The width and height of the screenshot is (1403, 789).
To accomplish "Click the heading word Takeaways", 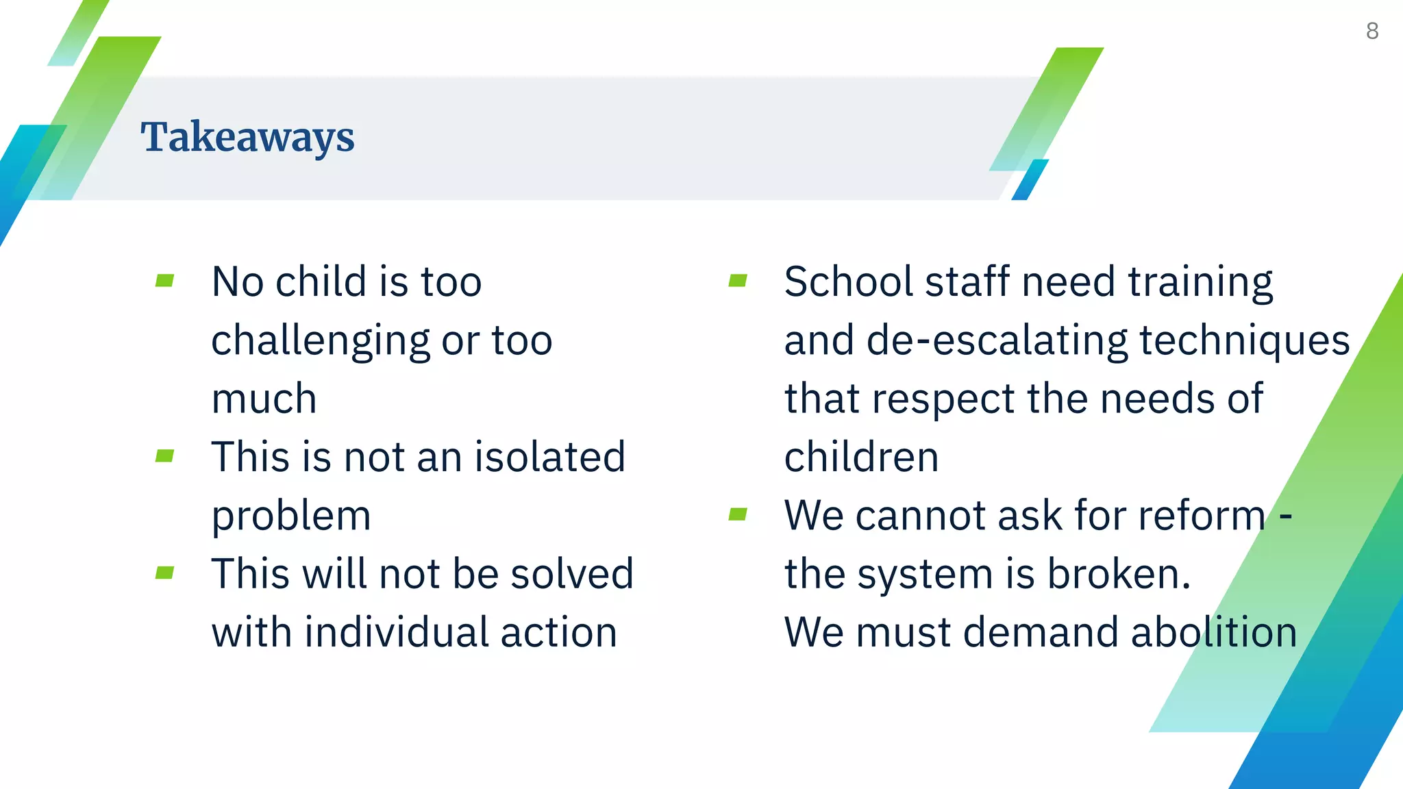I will point(247,138).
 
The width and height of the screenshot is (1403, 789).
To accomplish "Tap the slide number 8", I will point(1371,31).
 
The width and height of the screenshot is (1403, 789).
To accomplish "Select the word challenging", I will point(321,341).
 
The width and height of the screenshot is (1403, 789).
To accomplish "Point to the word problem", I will point(291,516).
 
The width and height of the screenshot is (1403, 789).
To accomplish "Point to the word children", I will point(861,457).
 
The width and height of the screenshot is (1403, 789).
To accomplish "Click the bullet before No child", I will point(164,281).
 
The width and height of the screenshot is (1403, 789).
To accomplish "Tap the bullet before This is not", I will point(164,456).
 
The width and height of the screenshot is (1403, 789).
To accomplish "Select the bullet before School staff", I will point(738,281).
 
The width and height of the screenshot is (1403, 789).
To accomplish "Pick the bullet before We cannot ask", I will point(738,514).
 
